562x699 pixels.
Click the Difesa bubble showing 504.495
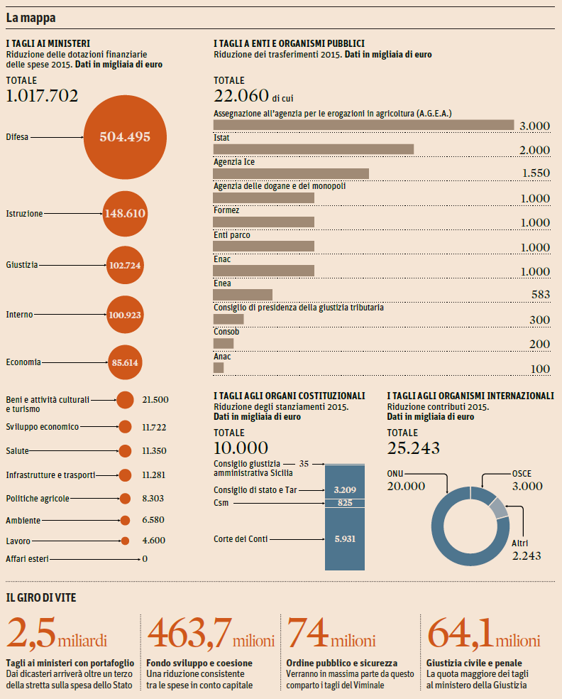125,137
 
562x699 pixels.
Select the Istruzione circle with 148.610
125,213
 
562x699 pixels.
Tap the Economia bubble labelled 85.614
125,362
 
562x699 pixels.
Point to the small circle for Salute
125,451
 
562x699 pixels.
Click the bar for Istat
313,149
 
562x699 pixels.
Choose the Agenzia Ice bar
291,173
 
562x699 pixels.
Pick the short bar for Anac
219,368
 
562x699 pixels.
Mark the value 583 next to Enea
540,295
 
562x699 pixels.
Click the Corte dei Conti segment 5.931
344,539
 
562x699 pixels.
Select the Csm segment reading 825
344,503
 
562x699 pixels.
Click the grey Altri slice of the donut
499,508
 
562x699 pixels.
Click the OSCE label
522,474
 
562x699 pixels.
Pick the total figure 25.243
413,448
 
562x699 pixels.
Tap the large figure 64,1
460,632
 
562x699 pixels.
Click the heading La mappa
31,16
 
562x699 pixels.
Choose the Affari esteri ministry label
28,559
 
